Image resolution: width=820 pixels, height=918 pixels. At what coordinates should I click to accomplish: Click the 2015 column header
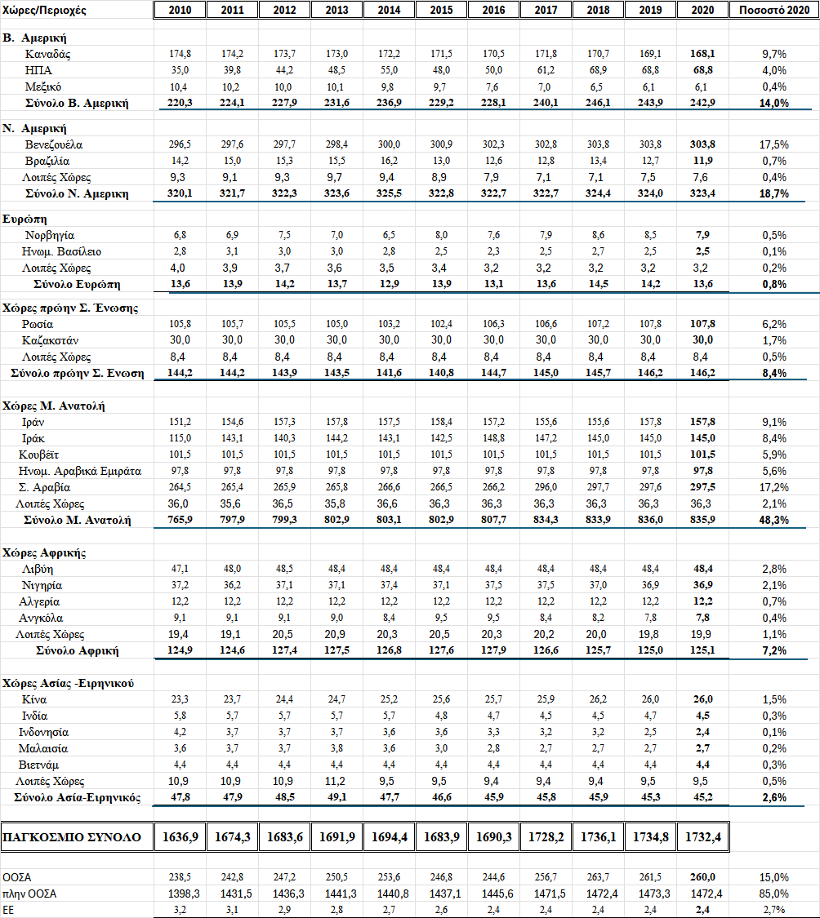coord(441,10)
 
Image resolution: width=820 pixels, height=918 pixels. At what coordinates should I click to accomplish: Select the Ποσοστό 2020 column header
coord(772,10)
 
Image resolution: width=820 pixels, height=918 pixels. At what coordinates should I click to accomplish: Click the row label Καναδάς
coord(48,54)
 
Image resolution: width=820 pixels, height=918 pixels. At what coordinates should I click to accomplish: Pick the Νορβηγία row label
coord(51,235)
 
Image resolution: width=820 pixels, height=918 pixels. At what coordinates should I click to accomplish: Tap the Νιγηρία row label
coord(43,585)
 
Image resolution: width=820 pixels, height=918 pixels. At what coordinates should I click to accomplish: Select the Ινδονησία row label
coord(46,732)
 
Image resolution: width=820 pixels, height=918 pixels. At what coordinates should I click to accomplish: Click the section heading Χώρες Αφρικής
coord(44,552)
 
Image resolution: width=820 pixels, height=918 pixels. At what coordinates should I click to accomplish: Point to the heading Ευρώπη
coord(25,220)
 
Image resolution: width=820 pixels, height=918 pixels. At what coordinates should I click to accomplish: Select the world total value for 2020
coord(702,837)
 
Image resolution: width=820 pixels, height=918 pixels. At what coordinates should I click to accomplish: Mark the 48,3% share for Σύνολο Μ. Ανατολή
coord(772,520)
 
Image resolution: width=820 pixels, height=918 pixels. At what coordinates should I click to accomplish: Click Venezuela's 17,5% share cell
coord(772,144)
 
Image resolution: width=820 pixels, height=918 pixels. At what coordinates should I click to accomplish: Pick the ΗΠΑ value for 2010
coord(180,70)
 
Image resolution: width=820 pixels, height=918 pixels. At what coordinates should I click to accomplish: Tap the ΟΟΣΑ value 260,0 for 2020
coord(702,876)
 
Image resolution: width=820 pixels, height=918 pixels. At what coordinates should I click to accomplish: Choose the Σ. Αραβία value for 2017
coord(546,487)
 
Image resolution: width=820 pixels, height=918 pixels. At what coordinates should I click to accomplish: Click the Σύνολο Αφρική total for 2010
coord(180,650)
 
